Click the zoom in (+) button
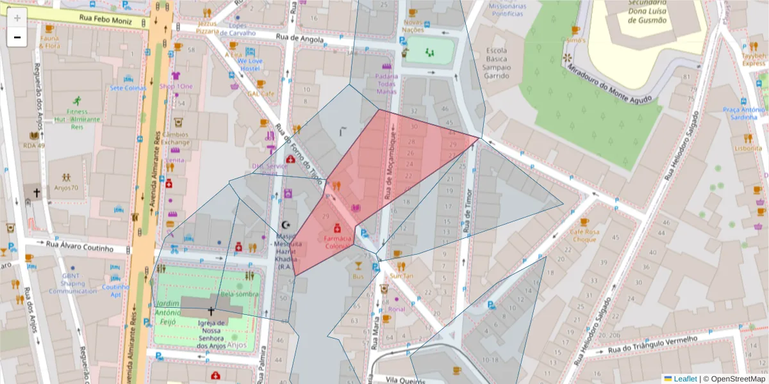pos(17,18)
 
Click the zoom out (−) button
pos(17,37)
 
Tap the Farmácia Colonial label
pos(338,242)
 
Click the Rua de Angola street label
pos(295,38)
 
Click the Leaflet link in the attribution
pos(684,379)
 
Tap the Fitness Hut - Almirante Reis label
pos(78,119)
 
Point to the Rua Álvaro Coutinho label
pos(79,246)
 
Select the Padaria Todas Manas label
pos(386,84)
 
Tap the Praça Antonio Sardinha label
pos(743,113)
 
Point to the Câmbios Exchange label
pos(175,138)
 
